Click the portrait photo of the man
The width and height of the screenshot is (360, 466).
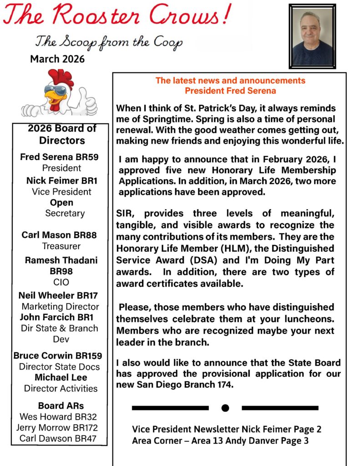[312, 36]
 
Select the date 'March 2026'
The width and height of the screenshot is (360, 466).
[57, 59]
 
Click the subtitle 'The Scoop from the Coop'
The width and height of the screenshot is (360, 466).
[109, 42]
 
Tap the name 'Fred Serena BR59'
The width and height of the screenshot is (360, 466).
[59, 157]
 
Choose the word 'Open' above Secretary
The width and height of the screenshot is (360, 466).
[61, 203]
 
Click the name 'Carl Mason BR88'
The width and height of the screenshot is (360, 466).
[59, 235]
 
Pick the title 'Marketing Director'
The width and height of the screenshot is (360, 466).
[60, 307]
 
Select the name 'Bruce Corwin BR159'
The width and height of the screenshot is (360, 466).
[58, 355]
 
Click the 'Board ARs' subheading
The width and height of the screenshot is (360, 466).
[61, 405]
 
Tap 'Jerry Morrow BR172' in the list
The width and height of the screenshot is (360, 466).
[57, 428]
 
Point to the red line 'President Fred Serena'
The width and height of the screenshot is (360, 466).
[230, 91]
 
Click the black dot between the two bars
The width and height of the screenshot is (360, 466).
[225, 408]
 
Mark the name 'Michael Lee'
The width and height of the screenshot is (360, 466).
[61, 377]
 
